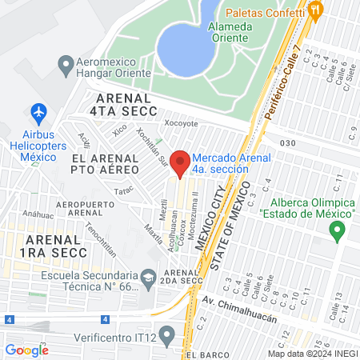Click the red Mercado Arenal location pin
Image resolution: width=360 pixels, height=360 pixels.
(x=181, y=162)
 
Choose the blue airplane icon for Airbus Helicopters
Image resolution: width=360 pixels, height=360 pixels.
(x=38, y=111)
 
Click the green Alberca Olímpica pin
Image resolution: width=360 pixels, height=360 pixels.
(x=337, y=231)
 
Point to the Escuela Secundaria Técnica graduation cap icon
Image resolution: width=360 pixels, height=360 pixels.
(x=149, y=278)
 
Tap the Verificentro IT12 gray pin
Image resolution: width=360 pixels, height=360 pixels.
(x=166, y=334)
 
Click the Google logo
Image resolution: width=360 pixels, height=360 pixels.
(x=26, y=350)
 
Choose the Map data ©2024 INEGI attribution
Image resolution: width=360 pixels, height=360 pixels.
(x=311, y=353)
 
